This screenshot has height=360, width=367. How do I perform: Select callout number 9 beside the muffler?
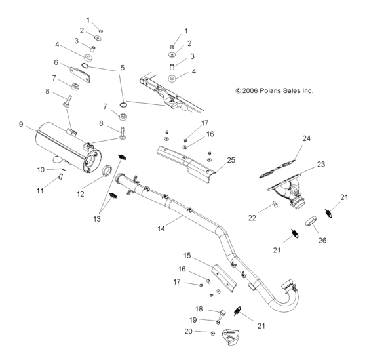point(21,124)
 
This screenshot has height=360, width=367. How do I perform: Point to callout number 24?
point(306,138)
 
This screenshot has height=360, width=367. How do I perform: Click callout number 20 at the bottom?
point(189,332)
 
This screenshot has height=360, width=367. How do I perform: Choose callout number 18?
point(199,309)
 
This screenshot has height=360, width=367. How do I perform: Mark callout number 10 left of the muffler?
point(39,170)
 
